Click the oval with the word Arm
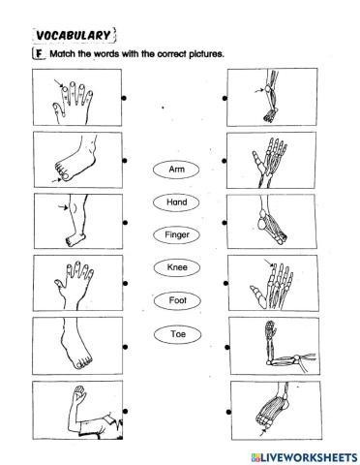click(176, 170)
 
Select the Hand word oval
click(176, 202)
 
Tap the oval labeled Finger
click(176, 235)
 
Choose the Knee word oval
click(176, 267)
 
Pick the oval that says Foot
click(176, 300)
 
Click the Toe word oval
click(176, 333)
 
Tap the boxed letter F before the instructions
click(39, 53)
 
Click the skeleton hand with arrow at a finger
click(275, 285)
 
